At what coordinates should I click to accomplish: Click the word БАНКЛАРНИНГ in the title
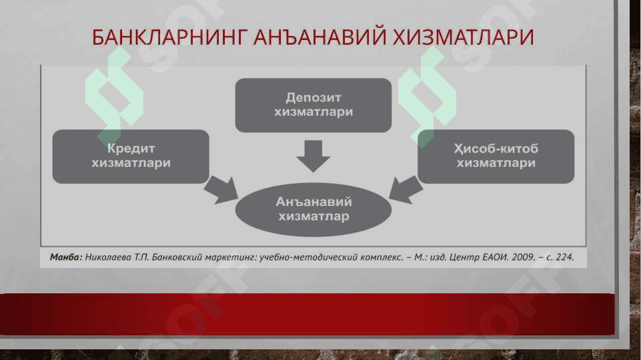pos(169,37)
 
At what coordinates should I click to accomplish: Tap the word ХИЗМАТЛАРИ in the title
pos(463,37)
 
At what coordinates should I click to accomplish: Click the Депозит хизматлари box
pos(313,105)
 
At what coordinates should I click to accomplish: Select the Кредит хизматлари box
pos(131,157)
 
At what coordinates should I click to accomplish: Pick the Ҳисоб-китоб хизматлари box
pos(496,157)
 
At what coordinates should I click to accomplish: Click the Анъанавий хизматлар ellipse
pos(313,209)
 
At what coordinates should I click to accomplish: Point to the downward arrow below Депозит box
pos(313,156)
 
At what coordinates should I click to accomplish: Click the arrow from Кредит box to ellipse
pos(221,191)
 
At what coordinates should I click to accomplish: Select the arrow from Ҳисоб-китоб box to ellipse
pos(406,190)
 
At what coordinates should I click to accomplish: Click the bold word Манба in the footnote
pos(65,257)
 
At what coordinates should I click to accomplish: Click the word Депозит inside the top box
pos(313,98)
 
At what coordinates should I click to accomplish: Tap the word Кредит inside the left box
pos(131,149)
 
